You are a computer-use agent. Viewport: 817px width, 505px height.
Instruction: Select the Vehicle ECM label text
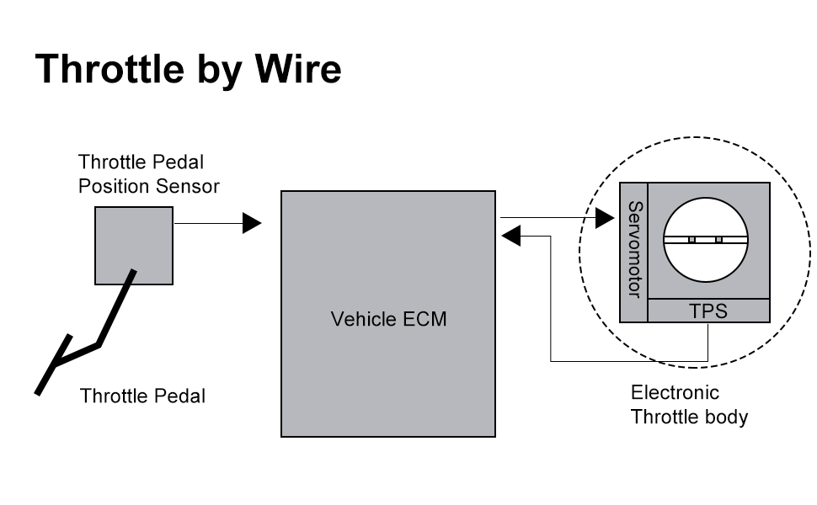pos(388,319)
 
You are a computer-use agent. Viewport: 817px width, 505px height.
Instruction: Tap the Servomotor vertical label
pos(634,249)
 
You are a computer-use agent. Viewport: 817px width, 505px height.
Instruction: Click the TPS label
pos(708,311)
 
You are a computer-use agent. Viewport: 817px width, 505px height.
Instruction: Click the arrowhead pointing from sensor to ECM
pos(252,223)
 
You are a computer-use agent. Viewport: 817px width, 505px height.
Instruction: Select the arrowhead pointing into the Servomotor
pos(604,218)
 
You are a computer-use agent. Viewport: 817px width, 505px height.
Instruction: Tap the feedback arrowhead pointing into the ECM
pos(512,237)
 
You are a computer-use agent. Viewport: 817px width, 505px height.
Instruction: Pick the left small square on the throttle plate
pos(692,240)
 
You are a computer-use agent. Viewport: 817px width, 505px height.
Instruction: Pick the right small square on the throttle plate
pos(718,240)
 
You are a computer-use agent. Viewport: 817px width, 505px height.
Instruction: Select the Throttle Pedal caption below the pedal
pos(142,396)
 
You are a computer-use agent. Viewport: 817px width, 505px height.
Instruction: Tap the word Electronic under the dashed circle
pos(675,392)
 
